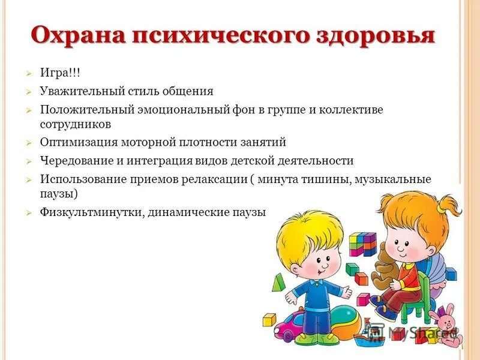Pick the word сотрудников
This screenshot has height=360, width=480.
tap(76, 124)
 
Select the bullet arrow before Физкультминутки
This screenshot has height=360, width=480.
tap(28, 213)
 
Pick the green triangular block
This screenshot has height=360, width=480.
tap(277, 282)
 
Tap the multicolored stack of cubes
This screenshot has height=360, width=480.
tap(362, 245)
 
